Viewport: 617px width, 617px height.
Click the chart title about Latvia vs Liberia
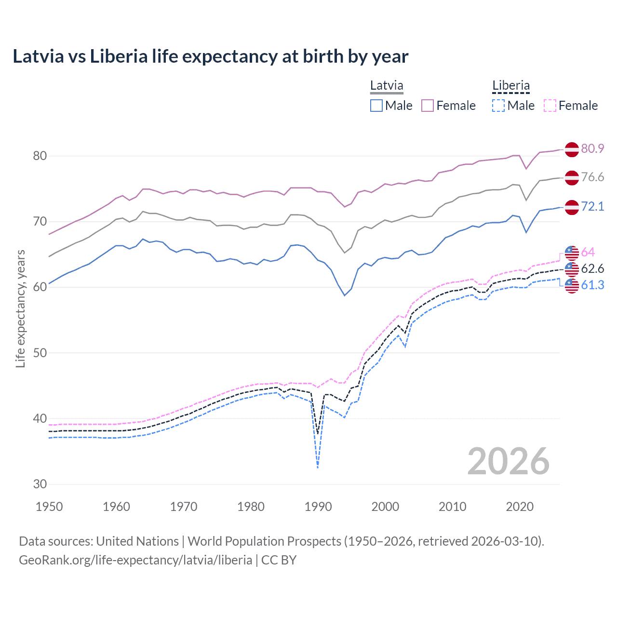tap(210, 56)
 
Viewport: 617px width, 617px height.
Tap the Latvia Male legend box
tap(376, 106)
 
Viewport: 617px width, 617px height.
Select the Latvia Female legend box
tap(428, 106)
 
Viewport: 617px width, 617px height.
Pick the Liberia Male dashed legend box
tap(498, 106)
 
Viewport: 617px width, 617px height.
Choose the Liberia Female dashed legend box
tap(550, 106)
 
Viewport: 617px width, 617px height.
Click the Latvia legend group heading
tap(387, 86)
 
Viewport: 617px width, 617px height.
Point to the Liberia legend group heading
tap(511, 86)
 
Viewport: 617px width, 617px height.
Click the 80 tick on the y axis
tap(40, 156)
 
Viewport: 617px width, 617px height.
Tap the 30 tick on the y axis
tap(40, 484)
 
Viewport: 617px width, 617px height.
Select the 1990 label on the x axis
tap(318, 507)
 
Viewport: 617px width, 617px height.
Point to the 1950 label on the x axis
tap(50, 507)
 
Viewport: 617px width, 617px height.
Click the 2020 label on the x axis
tap(520, 507)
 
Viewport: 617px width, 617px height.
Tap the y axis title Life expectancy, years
tap(20, 308)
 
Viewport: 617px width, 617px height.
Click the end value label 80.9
tap(592, 148)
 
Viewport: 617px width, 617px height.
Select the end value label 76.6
tap(592, 177)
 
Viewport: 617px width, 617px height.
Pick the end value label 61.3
tap(592, 285)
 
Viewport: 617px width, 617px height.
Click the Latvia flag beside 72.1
tap(572, 207)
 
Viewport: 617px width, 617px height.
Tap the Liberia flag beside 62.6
tap(572, 268)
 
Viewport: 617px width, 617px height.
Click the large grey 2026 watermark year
tap(508, 461)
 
